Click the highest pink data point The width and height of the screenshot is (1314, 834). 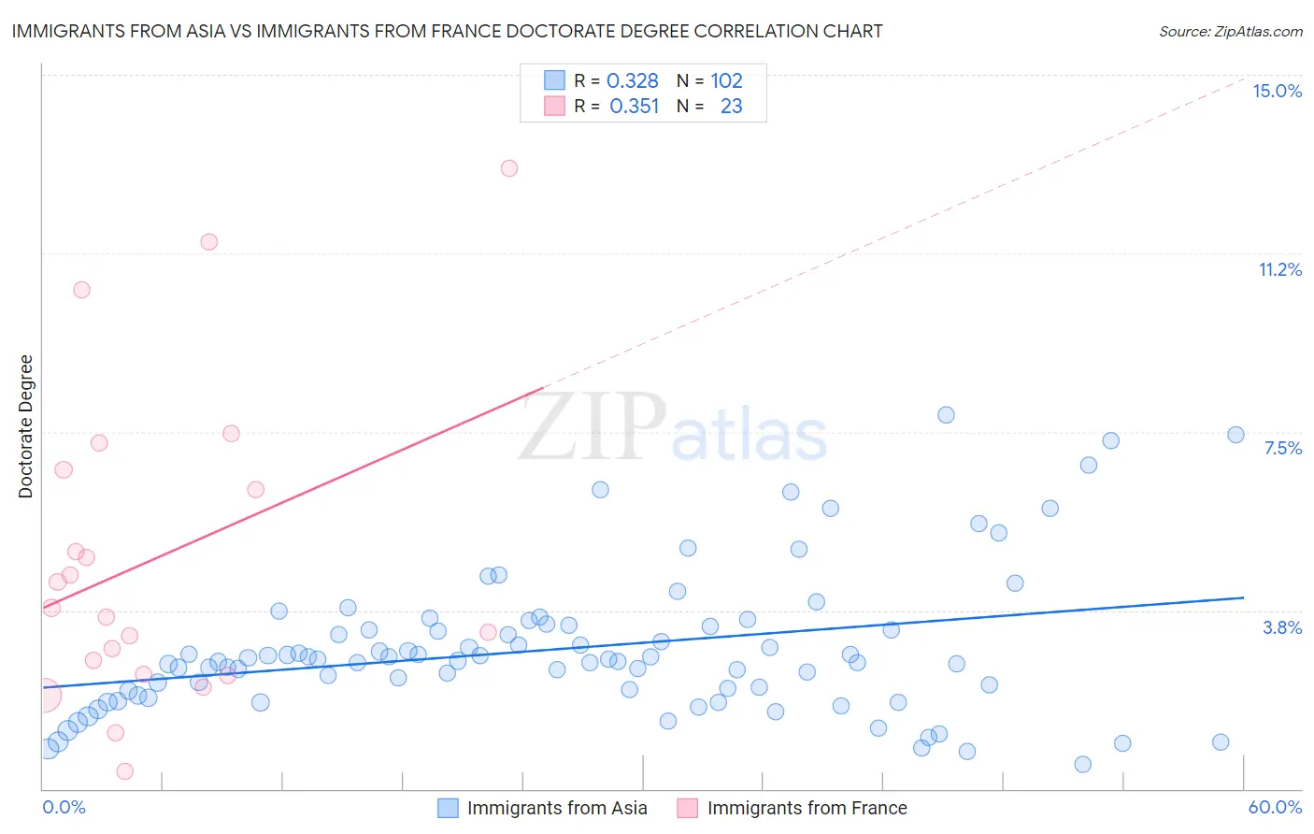509,168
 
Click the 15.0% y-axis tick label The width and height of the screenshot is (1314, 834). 1277,91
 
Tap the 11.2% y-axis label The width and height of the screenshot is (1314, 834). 1279,269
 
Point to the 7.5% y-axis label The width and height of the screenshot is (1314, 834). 1282,448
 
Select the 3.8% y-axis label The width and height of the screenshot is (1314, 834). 1282,627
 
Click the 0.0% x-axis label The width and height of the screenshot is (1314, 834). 64,807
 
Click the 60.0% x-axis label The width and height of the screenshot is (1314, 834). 1275,807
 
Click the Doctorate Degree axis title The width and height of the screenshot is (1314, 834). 26,426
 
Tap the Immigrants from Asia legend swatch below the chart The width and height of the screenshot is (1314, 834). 449,808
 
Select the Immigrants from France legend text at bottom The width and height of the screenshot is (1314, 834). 807,808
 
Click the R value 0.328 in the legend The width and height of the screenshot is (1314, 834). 633,81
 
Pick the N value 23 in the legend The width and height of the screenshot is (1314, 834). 731,107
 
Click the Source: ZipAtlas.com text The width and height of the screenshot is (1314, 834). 1230,32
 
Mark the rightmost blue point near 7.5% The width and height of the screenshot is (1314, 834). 1235,435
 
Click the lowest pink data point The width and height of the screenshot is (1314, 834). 125,771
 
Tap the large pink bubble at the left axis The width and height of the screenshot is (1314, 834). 43,696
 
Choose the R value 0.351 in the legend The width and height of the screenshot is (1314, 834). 635,107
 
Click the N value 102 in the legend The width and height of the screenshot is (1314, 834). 726,81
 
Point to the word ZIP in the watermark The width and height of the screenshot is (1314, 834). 593,427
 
